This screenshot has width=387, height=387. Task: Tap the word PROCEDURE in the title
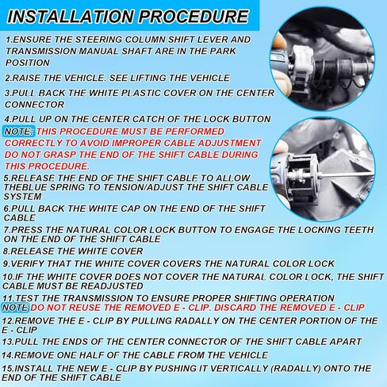pyautogui.click(x=193, y=17)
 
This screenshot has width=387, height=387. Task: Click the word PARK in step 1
pyautogui.click(x=223, y=51)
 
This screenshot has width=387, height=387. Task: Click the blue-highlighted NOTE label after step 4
pyautogui.click(x=18, y=131)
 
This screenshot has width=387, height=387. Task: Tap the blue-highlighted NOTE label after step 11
pyautogui.click(x=15, y=308)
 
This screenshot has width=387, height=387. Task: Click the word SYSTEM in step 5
pyautogui.click(x=23, y=197)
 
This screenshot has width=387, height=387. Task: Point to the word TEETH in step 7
pyautogui.click(x=358, y=230)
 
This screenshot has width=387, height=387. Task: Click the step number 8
pyautogui.click(x=6, y=251)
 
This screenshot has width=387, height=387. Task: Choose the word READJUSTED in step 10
pyautogui.click(x=112, y=286)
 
